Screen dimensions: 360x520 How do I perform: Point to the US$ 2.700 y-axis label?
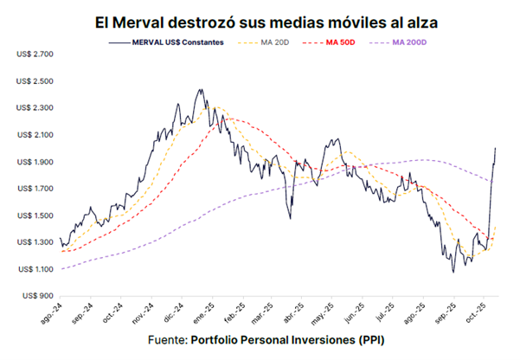35,54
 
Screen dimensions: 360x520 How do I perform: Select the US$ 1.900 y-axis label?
35,162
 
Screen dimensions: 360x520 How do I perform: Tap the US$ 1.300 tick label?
35,242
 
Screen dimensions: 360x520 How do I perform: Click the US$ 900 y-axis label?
38,296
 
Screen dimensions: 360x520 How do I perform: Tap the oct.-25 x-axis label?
483,314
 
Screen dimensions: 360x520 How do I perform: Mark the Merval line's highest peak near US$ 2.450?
201,88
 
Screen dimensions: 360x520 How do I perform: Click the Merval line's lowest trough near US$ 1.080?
453,273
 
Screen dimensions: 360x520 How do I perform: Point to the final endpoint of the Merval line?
496,148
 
